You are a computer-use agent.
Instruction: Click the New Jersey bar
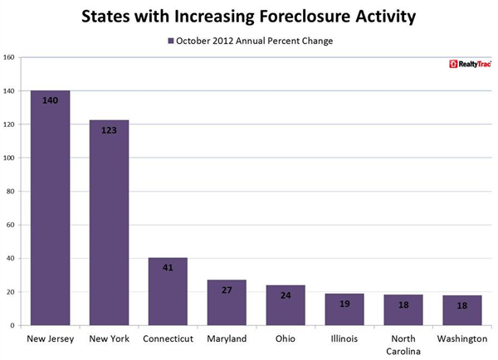[50, 207]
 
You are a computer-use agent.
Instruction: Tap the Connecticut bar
[168, 291]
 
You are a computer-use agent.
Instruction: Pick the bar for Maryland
[227, 303]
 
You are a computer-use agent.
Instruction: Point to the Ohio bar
[286, 305]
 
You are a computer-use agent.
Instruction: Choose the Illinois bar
[344, 309]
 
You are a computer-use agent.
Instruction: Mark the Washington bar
[462, 310]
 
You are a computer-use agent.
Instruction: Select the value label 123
[109, 130]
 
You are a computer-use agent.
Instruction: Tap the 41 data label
[168, 268]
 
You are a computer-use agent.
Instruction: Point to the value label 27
[227, 291]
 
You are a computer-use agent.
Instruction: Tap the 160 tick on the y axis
[9, 57]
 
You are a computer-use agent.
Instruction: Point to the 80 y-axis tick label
[11, 192]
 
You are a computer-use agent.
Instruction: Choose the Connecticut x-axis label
[168, 338]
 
